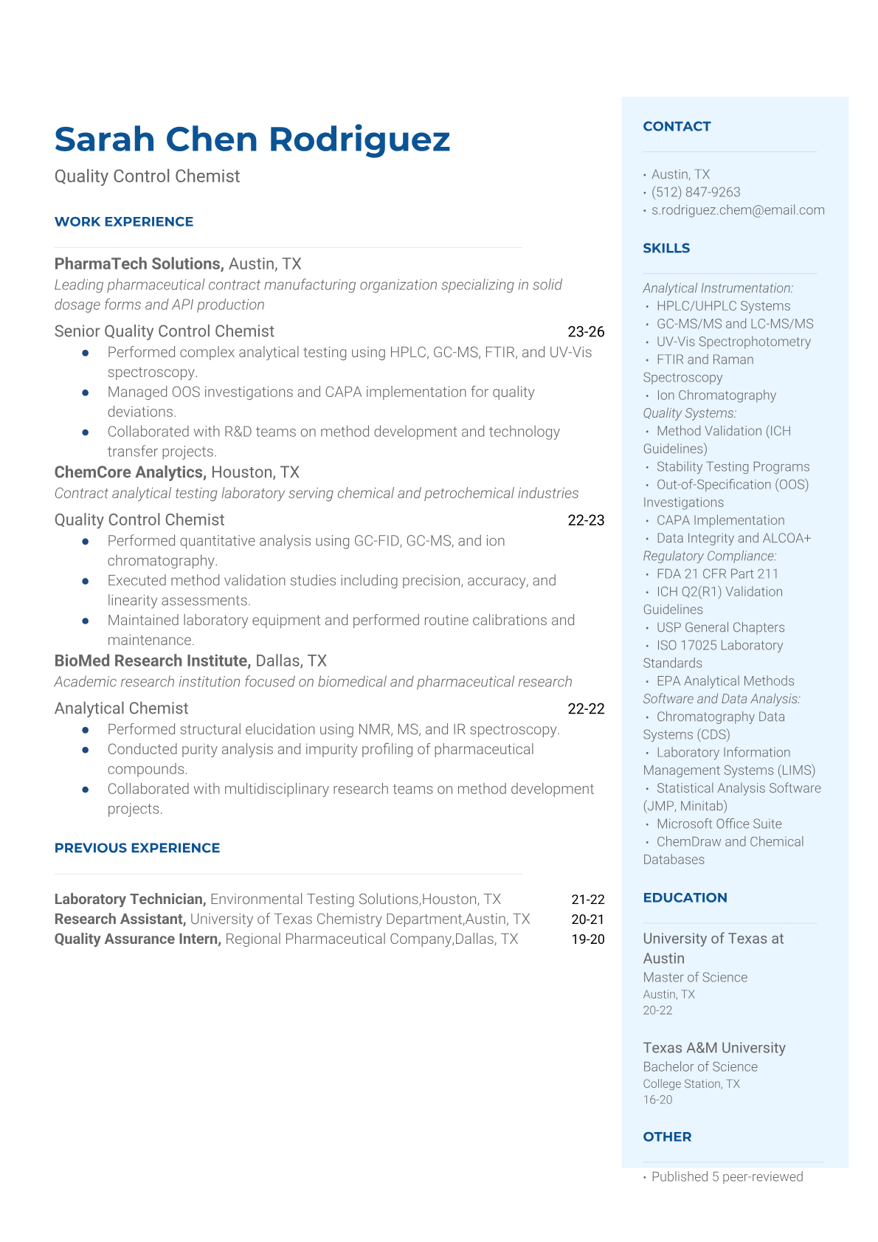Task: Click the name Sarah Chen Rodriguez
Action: pyautogui.click(x=252, y=139)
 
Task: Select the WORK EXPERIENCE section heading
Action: pyautogui.click(x=124, y=221)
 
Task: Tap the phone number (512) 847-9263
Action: pyautogui.click(x=696, y=192)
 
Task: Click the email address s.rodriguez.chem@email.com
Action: pyautogui.click(x=738, y=210)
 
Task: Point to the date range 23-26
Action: pyautogui.click(x=586, y=331)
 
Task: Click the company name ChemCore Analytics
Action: pyautogui.click(x=130, y=472)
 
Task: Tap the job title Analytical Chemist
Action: pyautogui.click(x=121, y=708)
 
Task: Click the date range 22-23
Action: pyautogui.click(x=586, y=520)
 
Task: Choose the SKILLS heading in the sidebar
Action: pyautogui.click(x=666, y=248)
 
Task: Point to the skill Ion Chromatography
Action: pyautogui.click(x=716, y=395)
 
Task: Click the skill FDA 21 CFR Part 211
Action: pyautogui.click(x=717, y=573)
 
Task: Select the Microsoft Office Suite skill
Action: pyautogui.click(x=719, y=824)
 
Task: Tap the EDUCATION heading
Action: pyautogui.click(x=685, y=897)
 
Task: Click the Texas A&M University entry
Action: pyautogui.click(x=713, y=1048)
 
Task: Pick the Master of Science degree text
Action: pyautogui.click(x=695, y=977)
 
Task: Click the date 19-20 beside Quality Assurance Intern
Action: pyautogui.click(x=587, y=939)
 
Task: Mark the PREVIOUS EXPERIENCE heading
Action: pyautogui.click(x=137, y=848)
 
